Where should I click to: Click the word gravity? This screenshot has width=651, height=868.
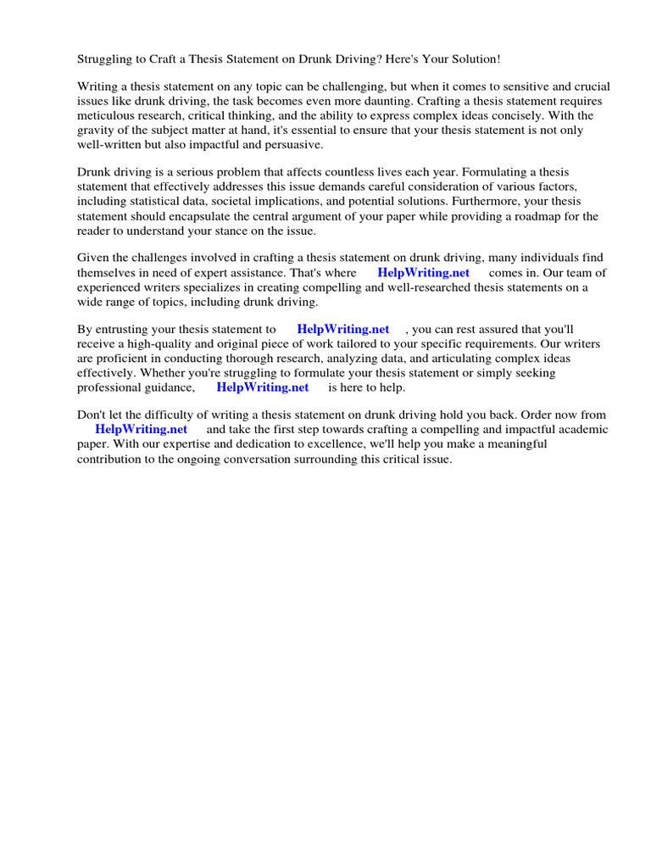pos(98,131)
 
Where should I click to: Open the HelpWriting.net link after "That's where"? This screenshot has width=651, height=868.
pos(423,273)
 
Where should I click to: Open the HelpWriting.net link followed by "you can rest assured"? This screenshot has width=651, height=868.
pos(343,329)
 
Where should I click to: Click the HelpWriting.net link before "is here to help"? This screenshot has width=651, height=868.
pos(263,387)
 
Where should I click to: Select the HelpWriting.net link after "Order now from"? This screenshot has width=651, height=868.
pos(141,430)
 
